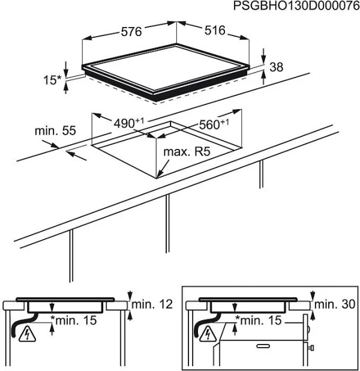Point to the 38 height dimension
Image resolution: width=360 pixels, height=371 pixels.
click(276, 67)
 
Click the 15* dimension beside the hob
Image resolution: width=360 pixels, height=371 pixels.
click(53, 78)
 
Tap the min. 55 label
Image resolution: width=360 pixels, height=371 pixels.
click(55, 130)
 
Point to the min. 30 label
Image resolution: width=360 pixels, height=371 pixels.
click(337, 304)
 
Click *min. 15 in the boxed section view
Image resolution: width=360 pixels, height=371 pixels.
click(257, 321)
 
